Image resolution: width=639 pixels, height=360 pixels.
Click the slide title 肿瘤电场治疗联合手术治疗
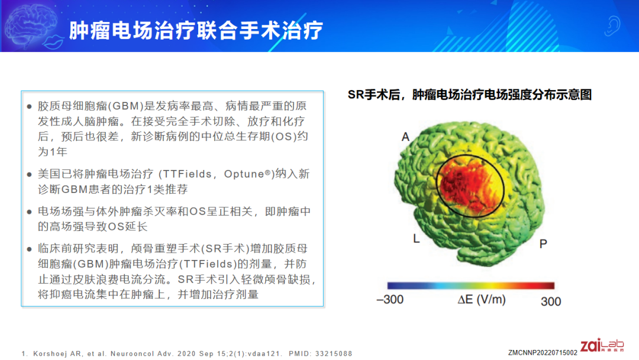[196, 31]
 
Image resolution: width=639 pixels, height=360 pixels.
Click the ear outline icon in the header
[612, 25]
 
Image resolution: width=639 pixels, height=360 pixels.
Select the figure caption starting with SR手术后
[469, 95]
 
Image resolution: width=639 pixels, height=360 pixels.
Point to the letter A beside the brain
[405, 137]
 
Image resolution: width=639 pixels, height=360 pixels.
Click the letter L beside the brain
[416, 239]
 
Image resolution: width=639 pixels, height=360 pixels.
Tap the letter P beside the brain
[543, 244]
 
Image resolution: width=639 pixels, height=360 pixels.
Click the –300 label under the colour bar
[390, 300]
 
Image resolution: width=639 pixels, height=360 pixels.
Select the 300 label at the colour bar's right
[551, 302]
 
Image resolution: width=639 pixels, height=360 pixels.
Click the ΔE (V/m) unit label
[481, 300]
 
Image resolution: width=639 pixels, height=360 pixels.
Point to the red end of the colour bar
[547, 285]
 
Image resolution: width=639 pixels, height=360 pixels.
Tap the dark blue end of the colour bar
[393, 285]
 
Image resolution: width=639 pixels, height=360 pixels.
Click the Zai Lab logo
[602, 345]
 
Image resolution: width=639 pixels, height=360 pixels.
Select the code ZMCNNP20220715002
[543, 353]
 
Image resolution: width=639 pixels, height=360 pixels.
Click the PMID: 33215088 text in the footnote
[320, 353]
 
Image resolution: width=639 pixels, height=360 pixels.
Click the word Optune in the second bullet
[244, 174]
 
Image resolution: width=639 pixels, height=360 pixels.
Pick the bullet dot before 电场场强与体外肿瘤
[29, 212]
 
